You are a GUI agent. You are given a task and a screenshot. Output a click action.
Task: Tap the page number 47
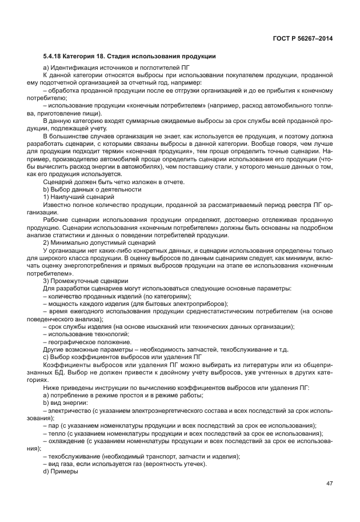coord(329,484)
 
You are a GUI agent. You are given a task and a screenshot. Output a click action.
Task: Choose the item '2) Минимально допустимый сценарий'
coord(91,243)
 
